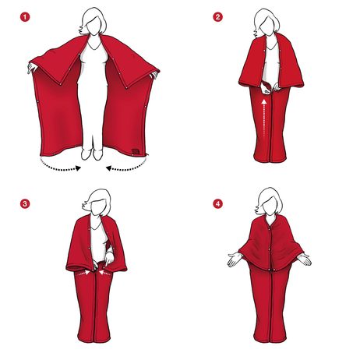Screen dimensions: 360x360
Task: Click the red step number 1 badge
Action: click(x=25, y=17)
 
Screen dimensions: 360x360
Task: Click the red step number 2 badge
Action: click(x=217, y=17)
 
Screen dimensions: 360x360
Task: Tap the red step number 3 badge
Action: click(x=25, y=203)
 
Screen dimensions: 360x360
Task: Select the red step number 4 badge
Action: click(x=217, y=203)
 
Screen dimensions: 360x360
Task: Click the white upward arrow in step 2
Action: click(x=264, y=118)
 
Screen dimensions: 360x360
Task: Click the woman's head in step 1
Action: click(x=94, y=21)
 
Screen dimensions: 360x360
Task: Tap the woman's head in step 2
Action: click(x=266, y=22)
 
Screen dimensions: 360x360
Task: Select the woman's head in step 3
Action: click(x=97, y=203)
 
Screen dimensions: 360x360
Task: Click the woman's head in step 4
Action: click(x=269, y=201)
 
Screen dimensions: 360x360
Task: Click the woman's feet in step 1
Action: click(x=92, y=154)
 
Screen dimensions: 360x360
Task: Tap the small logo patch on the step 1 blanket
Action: click(x=136, y=151)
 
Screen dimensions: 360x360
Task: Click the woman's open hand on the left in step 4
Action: click(x=235, y=259)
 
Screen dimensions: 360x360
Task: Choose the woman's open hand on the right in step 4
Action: click(x=305, y=259)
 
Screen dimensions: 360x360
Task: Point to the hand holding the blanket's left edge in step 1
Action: click(x=32, y=68)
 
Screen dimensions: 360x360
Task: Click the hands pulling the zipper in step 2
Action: click(x=270, y=88)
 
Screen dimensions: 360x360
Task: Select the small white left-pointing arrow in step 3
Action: click(x=105, y=273)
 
